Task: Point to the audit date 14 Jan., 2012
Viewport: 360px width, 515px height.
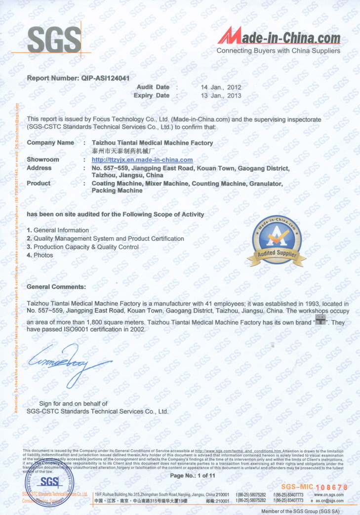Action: pyautogui.click(x=221, y=87)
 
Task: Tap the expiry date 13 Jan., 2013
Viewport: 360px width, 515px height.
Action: pyautogui.click(x=221, y=95)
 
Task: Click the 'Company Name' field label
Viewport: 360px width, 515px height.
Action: pyautogui.click(x=50, y=143)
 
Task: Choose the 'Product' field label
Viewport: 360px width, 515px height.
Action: pyautogui.click(x=39, y=183)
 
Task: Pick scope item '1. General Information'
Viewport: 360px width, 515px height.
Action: pyautogui.click(x=58, y=230)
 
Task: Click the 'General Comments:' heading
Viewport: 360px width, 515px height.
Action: pyautogui.click(x=56, y=286)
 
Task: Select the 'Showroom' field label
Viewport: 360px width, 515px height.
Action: pyautogui.click(x=43, y=160)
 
